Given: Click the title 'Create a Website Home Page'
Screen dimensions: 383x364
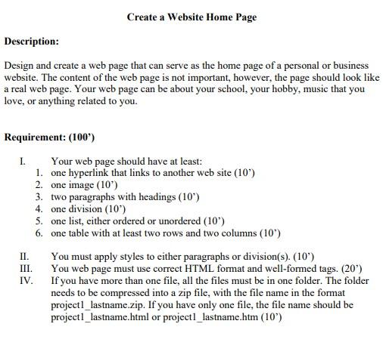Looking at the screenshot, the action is click(x=191, y=17).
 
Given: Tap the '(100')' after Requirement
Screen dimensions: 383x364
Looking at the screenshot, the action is click(x=81, y=137).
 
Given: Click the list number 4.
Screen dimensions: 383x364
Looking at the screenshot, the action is click(x=39, y=209).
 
